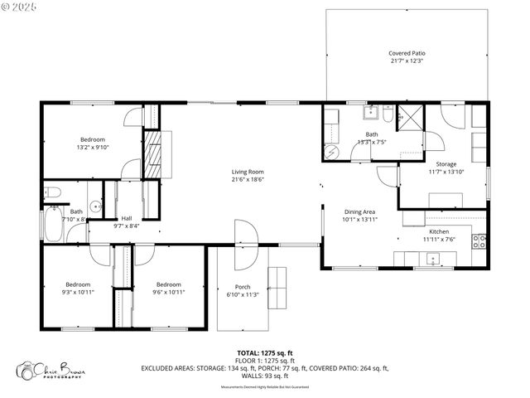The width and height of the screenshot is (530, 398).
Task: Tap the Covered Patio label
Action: coord(407,52)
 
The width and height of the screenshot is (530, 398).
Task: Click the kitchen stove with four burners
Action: coord(479,242)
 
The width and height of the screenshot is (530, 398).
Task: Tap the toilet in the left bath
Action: coord(51,193)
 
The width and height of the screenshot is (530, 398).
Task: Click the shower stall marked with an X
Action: coord(409,118)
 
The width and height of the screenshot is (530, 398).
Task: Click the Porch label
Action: coord(243,287)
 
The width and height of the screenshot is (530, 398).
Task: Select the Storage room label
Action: coord(446,164)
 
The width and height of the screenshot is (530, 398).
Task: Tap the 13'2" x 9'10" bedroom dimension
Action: coord(93,147)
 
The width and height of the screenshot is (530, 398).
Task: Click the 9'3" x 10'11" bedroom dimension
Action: coord(77,292)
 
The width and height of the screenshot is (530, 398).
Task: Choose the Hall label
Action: coord(126,218)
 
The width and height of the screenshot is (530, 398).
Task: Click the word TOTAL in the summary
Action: coord(249,351)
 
